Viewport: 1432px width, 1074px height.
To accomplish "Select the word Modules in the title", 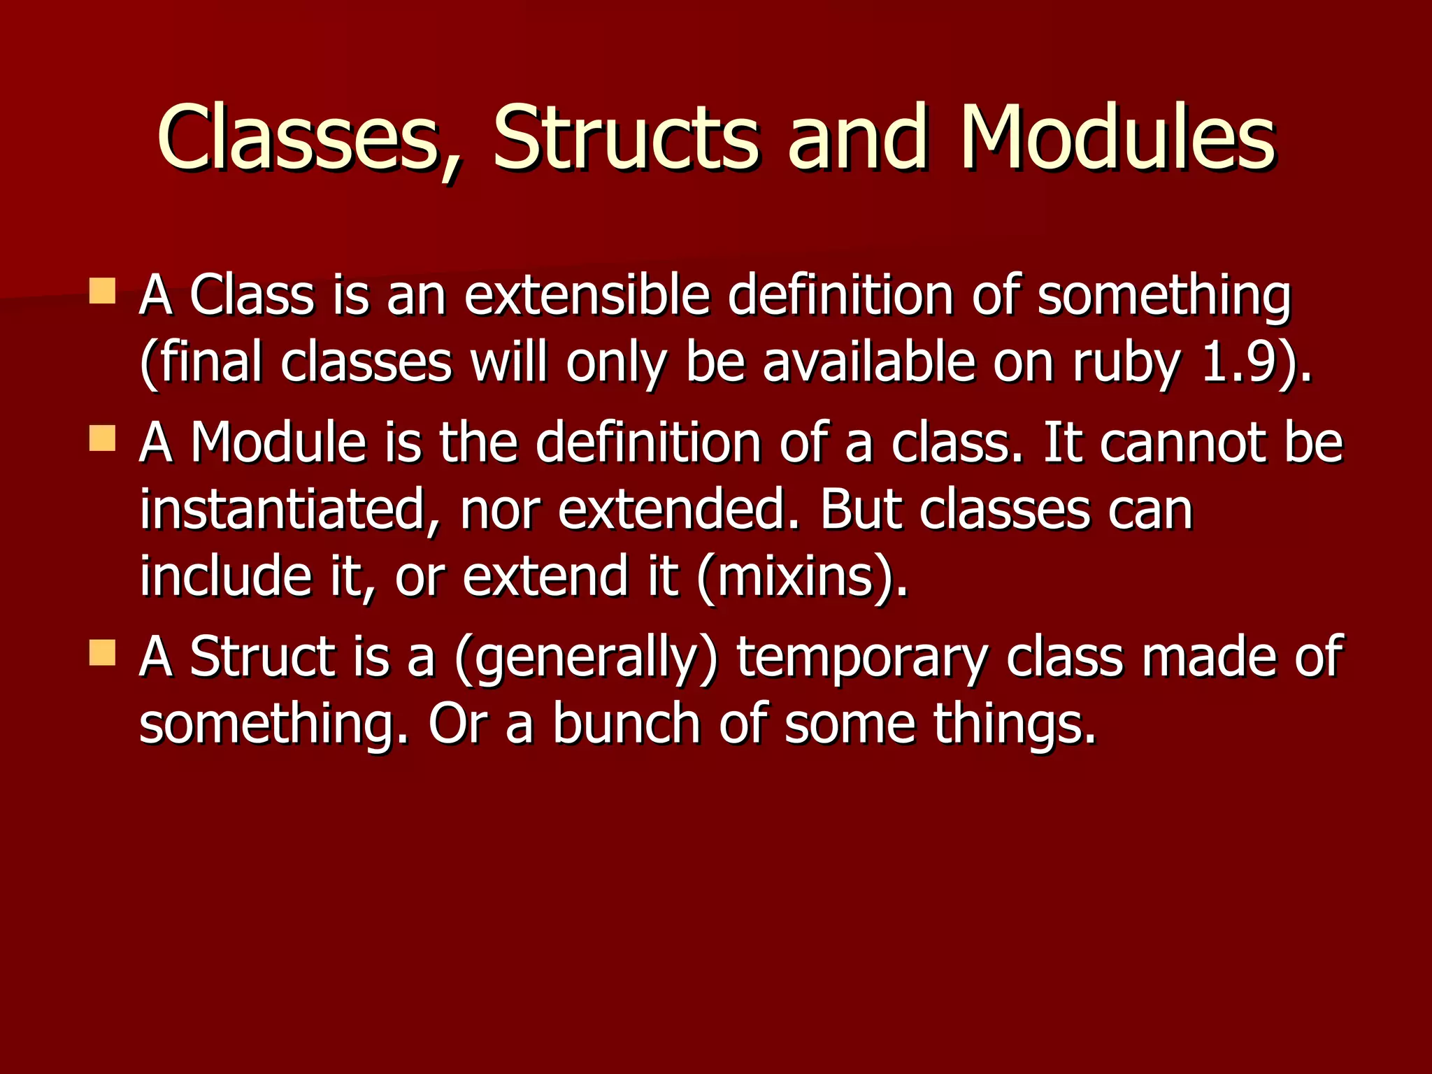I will (x=1117, y=138).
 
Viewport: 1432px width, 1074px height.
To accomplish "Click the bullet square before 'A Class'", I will (x=102, y=291).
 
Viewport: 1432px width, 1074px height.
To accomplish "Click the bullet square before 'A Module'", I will (x=102, y=439).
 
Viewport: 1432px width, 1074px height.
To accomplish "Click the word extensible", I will (x=587, y=295).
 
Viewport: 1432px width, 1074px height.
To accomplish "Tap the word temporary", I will (x=861, y=659).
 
